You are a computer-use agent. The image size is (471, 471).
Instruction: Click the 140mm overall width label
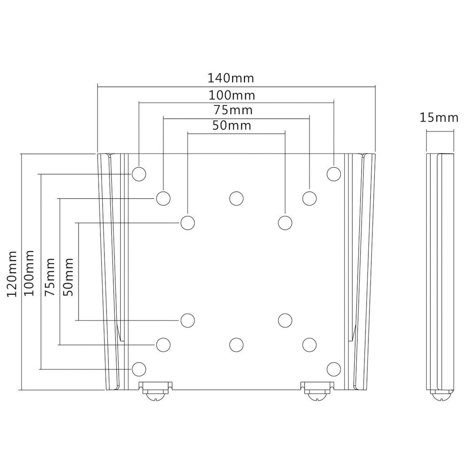pos(231,78)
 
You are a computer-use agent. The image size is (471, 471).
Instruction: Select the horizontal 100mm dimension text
pos(232,95)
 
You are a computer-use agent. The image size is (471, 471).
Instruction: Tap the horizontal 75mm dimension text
pos(233,109)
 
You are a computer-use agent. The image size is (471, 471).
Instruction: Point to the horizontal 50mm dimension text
pos(232,126)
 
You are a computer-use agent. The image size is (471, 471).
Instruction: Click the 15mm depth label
pos(439,118)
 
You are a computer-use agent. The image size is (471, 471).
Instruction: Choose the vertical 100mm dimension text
pos(29,273)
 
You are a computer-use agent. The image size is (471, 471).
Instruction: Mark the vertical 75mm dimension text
pos(50,277)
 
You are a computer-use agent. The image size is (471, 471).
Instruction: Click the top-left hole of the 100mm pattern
pos(139,174)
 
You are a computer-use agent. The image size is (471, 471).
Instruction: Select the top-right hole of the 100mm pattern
pos(334,174)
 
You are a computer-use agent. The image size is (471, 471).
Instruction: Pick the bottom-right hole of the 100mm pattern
pos(334,368)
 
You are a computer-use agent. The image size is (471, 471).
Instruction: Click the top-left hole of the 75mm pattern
pos(163,198)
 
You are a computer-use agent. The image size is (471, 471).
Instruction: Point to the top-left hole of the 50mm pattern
pos(187,223)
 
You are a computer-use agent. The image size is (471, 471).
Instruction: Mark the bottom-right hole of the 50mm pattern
pos(285,320)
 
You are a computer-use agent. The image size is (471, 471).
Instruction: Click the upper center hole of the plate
pos(236,198)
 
